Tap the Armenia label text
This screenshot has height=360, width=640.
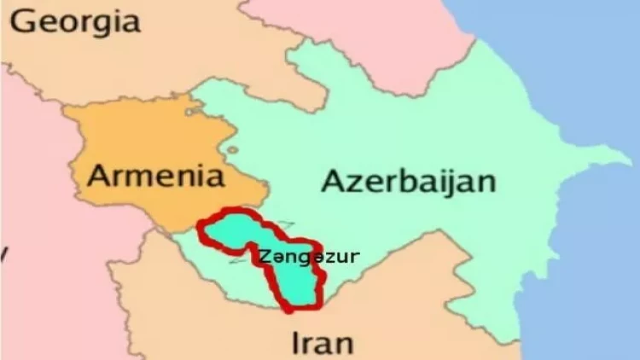click(157, 177)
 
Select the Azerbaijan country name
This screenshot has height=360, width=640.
click(409, 182)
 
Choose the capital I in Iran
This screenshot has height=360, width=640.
click(297, 342)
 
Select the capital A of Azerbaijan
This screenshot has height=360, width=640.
click(335, 181)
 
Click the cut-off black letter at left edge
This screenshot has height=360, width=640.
click(5, 253)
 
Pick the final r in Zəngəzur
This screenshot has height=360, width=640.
click(355, 255)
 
